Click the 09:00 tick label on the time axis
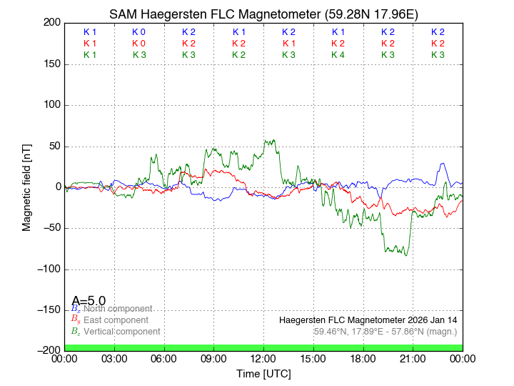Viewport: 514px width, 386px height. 213,358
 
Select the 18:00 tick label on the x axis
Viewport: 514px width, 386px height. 363,358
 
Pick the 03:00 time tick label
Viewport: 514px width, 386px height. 114,358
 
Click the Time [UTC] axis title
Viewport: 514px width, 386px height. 263,373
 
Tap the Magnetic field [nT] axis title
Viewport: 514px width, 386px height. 27,186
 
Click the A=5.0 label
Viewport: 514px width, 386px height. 89,301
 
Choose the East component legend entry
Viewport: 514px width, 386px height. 114,320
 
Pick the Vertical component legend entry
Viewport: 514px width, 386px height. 119,332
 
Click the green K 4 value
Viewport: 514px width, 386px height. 338,55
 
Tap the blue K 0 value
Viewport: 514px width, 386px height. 138,32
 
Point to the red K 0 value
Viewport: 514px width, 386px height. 138,44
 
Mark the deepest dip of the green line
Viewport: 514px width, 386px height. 406,255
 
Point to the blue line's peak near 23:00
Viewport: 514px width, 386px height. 443,164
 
